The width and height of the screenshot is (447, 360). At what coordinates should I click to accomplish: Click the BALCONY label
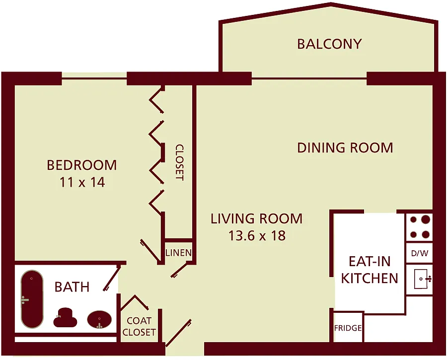pos(329,44)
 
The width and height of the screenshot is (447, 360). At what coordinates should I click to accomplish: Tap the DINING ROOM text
pos(345,147)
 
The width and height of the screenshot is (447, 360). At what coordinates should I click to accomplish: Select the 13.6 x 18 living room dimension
pos(257,235)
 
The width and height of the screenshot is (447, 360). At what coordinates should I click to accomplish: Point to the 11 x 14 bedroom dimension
pos(82,182)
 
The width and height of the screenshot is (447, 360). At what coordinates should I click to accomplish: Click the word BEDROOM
pos(82,165)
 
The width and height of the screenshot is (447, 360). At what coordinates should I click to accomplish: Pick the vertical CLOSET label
pos(179,162)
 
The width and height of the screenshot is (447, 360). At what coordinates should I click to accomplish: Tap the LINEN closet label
pos(178,253)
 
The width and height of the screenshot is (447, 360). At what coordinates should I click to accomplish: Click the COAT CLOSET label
pos(139,327)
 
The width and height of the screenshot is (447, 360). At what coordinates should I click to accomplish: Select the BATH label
pos(72,287)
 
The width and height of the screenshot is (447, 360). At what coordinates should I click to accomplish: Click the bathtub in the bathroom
pos(32,299)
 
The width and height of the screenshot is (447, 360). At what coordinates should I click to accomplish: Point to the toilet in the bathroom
pos(65,317)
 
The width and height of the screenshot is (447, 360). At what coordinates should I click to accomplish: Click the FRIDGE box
pos(348,328)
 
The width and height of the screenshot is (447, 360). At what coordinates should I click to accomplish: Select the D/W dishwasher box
pos(419,253)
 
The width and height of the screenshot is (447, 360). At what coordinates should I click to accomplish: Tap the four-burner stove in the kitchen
pos(419,227)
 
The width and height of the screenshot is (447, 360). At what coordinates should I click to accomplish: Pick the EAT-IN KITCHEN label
pos(370,270)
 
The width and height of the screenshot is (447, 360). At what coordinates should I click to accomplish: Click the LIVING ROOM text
pos(256,218)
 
